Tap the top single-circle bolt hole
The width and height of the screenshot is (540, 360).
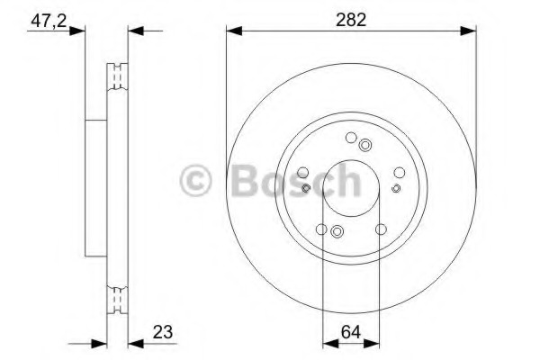(x=350, y=138)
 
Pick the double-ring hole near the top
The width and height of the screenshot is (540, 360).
(x=364, y=145)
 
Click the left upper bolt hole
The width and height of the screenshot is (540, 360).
(x=304, y=173)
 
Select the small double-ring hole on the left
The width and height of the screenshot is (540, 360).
(x=307, y=188)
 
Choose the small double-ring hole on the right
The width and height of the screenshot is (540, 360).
(x=396, y=188)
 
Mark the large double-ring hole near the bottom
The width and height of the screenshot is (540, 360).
(x=337, y=232)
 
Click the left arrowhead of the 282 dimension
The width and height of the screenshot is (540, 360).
(x=230, y=32)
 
